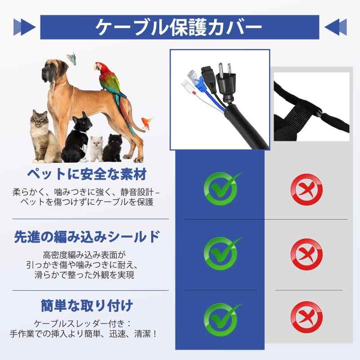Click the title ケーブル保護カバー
(x=179, y=27)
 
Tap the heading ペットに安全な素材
(x=87, y=174)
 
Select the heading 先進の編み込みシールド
(x=87, y=237)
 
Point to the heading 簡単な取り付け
(x=87, y=306)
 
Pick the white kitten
(x=96, y=148)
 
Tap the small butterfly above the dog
(x=72, y=58)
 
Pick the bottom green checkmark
(x=221, y=319)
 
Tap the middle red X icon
(x=307, y=254)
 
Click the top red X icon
(x=307, y=189)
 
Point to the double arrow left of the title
(x=24, y=27)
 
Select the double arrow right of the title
(x=336, y=27)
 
